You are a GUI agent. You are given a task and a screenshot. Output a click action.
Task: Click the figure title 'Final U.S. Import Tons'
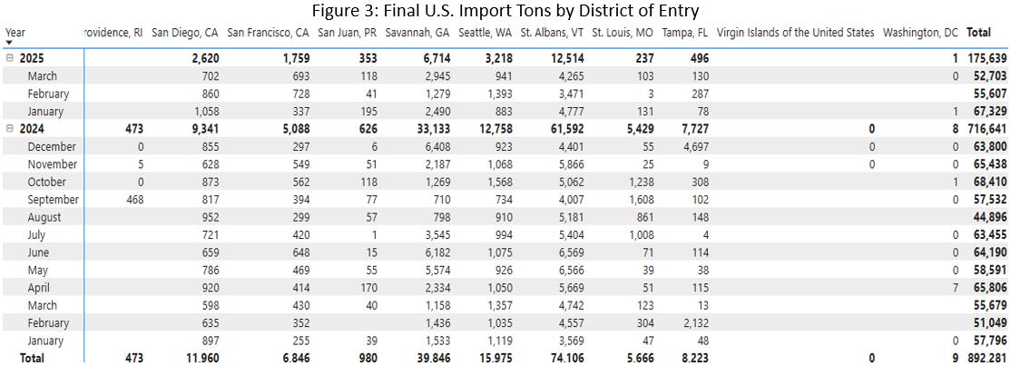(505, 10)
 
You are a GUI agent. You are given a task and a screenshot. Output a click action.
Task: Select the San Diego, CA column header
(185, 33)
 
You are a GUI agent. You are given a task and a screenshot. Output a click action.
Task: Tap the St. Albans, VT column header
(552, 33)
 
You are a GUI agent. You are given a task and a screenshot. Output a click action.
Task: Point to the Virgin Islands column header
(795, 33)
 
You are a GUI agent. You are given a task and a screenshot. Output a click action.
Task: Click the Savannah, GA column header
(417, 33)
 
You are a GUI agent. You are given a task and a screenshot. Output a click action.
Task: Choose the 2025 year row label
(32, 58)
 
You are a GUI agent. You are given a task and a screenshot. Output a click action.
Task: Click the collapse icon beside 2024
(9, 129)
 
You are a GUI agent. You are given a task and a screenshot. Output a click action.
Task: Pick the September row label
(54, 200)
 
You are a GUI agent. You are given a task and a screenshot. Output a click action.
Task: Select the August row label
(44, 217)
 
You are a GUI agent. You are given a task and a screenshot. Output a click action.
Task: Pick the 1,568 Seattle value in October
(498, 182)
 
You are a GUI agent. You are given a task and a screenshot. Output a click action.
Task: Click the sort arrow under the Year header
(9, 43)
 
